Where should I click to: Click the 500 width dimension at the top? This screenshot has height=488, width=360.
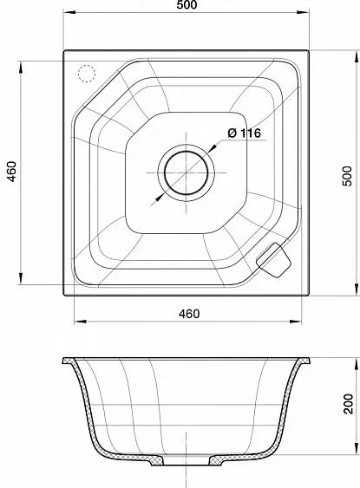click(x=187, y=5)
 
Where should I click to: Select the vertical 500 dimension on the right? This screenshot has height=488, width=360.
click(x=348, y=176)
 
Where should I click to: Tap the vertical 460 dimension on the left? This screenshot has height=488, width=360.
click(x=12, y=172)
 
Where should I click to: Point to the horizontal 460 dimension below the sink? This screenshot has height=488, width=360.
click(x=189, y=314)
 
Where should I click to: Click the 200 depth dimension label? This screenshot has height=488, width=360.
click(x=349, y=404)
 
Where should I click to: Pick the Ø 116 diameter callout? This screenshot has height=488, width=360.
click(x=244, y=133)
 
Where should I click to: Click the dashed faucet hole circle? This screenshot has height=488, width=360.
click(x=86, y=74)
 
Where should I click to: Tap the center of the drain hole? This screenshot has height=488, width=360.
click(x=187, y=172)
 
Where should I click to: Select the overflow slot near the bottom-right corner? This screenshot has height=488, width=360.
click(x=273, y=260)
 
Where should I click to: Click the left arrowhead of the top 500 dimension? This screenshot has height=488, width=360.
click(x=69, y=12)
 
